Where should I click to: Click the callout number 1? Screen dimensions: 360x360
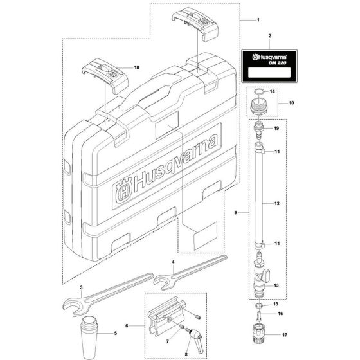pos(256,19)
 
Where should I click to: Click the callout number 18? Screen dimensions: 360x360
pos(136,67)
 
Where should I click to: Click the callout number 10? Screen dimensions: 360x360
pos(291,102)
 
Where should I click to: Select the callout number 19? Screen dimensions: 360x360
pos(277,129)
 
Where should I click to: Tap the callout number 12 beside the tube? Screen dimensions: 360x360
pos(277,203)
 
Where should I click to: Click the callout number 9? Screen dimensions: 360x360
pos(238,212)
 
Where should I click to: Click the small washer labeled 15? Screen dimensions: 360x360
pos(259,303)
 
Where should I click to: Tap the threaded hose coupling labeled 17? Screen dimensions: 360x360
pos(260,335)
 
